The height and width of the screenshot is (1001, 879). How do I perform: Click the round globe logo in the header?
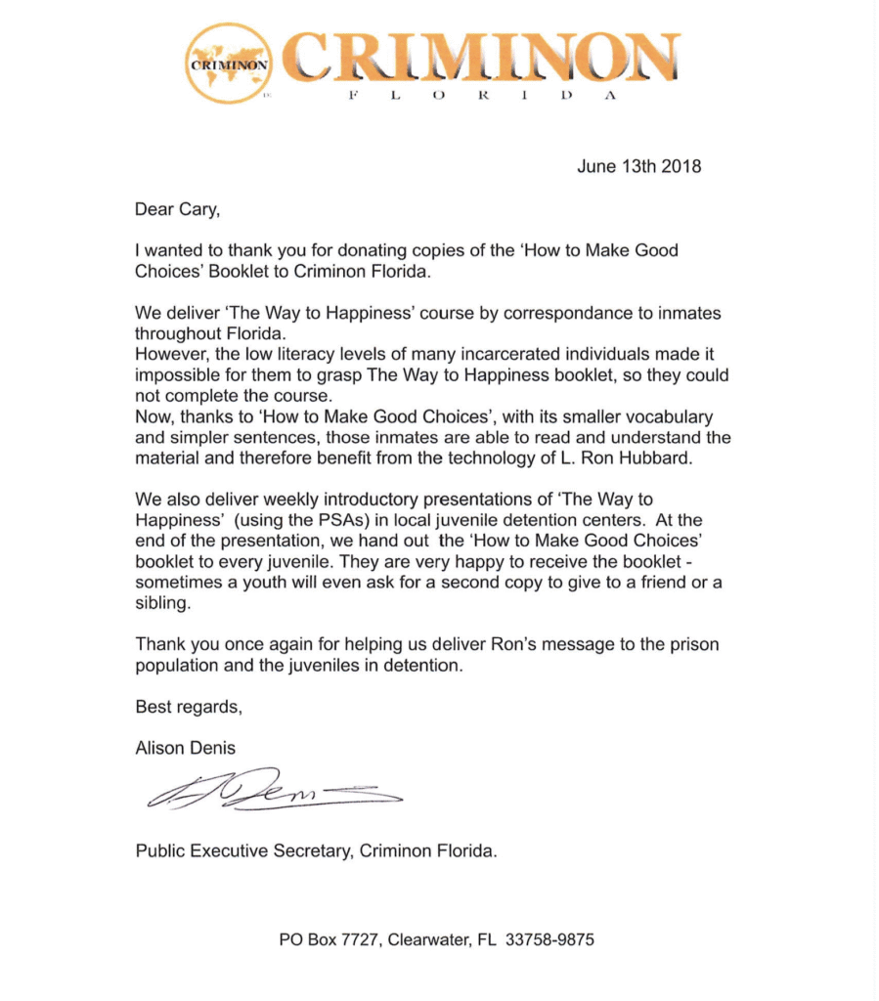(230, 63)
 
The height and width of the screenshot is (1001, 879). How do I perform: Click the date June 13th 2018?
(639, 165)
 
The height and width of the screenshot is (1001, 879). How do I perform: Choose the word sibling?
(162, 604)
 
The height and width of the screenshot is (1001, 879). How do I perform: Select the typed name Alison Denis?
(186, 748)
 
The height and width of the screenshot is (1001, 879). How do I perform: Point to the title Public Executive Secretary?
(243, 849)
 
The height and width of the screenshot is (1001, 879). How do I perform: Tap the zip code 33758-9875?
(549, 940)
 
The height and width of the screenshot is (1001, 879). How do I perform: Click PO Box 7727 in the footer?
(329, 940)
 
